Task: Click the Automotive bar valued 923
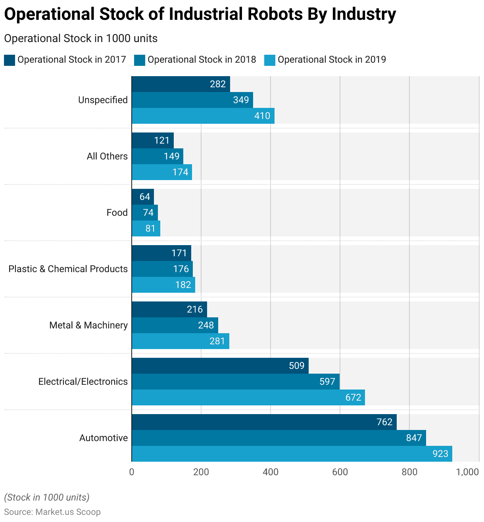pos(292,454)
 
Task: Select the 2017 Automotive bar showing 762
pos(264,422)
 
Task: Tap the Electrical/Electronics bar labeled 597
pos(235,382)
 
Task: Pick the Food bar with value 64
pos(142,197)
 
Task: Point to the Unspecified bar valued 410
pos(203,116)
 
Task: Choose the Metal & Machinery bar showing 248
pos(175,325)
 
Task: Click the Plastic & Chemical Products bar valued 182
pos(163,285)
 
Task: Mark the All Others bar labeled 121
pos(152,140)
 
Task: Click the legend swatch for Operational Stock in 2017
pos(10,60)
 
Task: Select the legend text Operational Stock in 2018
pos(202,59)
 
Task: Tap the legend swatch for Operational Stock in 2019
pos(270,60)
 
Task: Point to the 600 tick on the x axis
pos(340,472)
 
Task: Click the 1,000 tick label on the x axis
pos(467,472)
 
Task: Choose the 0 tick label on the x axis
pos(132,472)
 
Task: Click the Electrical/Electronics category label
pos(83,382)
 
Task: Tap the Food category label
pos(117,213)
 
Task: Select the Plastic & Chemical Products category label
pos(68,269)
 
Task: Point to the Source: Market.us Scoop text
pos(52,512)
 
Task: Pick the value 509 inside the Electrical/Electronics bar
pos(297,366)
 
